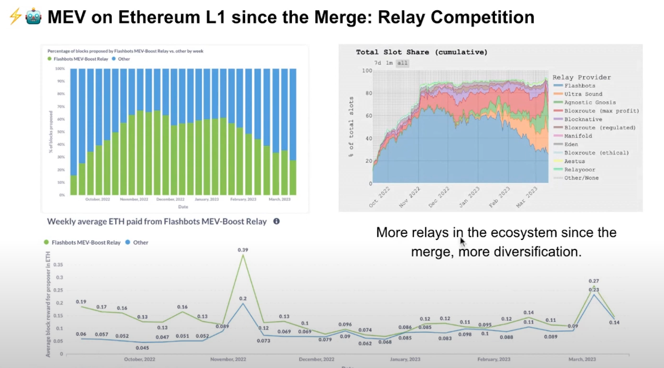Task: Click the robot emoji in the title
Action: point(33,17)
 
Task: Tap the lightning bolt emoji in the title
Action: point(15,17)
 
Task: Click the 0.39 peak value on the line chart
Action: point(243,250)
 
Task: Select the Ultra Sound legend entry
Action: point(583,94)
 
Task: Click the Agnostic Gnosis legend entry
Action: point(590,102)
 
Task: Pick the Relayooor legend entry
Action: point(579,170)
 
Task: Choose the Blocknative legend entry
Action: point(583,119)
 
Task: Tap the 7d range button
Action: point(378,63)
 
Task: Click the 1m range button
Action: point(390,63)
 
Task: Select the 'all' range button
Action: point(402,63)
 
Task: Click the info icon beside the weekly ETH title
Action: point(276,221)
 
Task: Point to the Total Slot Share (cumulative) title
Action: point(422,52)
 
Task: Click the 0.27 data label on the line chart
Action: point(594,281)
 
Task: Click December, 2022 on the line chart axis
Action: point(316,359)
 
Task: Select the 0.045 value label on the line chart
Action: point(142,348)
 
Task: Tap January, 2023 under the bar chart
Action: point(207,199)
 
